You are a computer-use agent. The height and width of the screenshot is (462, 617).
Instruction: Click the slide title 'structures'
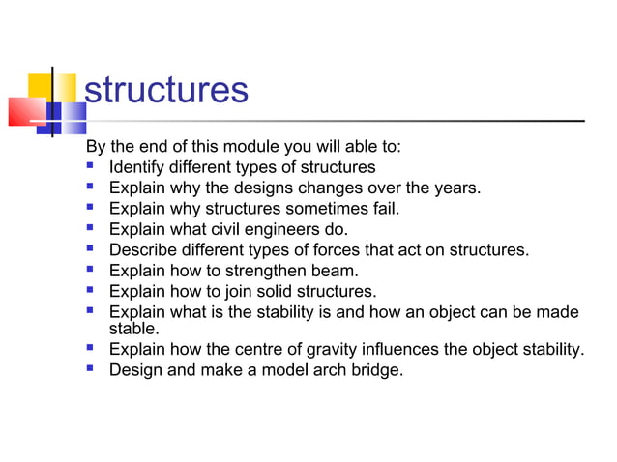(x=166, y=90)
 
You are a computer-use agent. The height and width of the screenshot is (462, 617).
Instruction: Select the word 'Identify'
(x=139, y=167)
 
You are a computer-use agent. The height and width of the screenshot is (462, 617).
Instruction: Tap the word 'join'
(x=226, y=291)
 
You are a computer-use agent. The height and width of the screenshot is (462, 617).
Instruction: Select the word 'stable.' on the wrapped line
(x=134, y=328)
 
